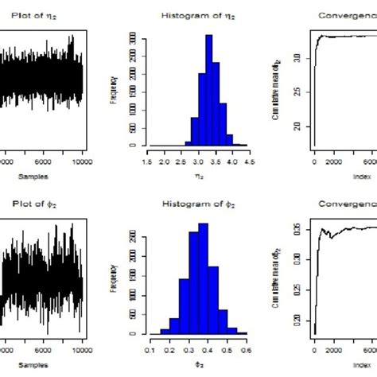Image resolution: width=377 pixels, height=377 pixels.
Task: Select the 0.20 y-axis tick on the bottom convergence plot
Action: pos(295,320)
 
